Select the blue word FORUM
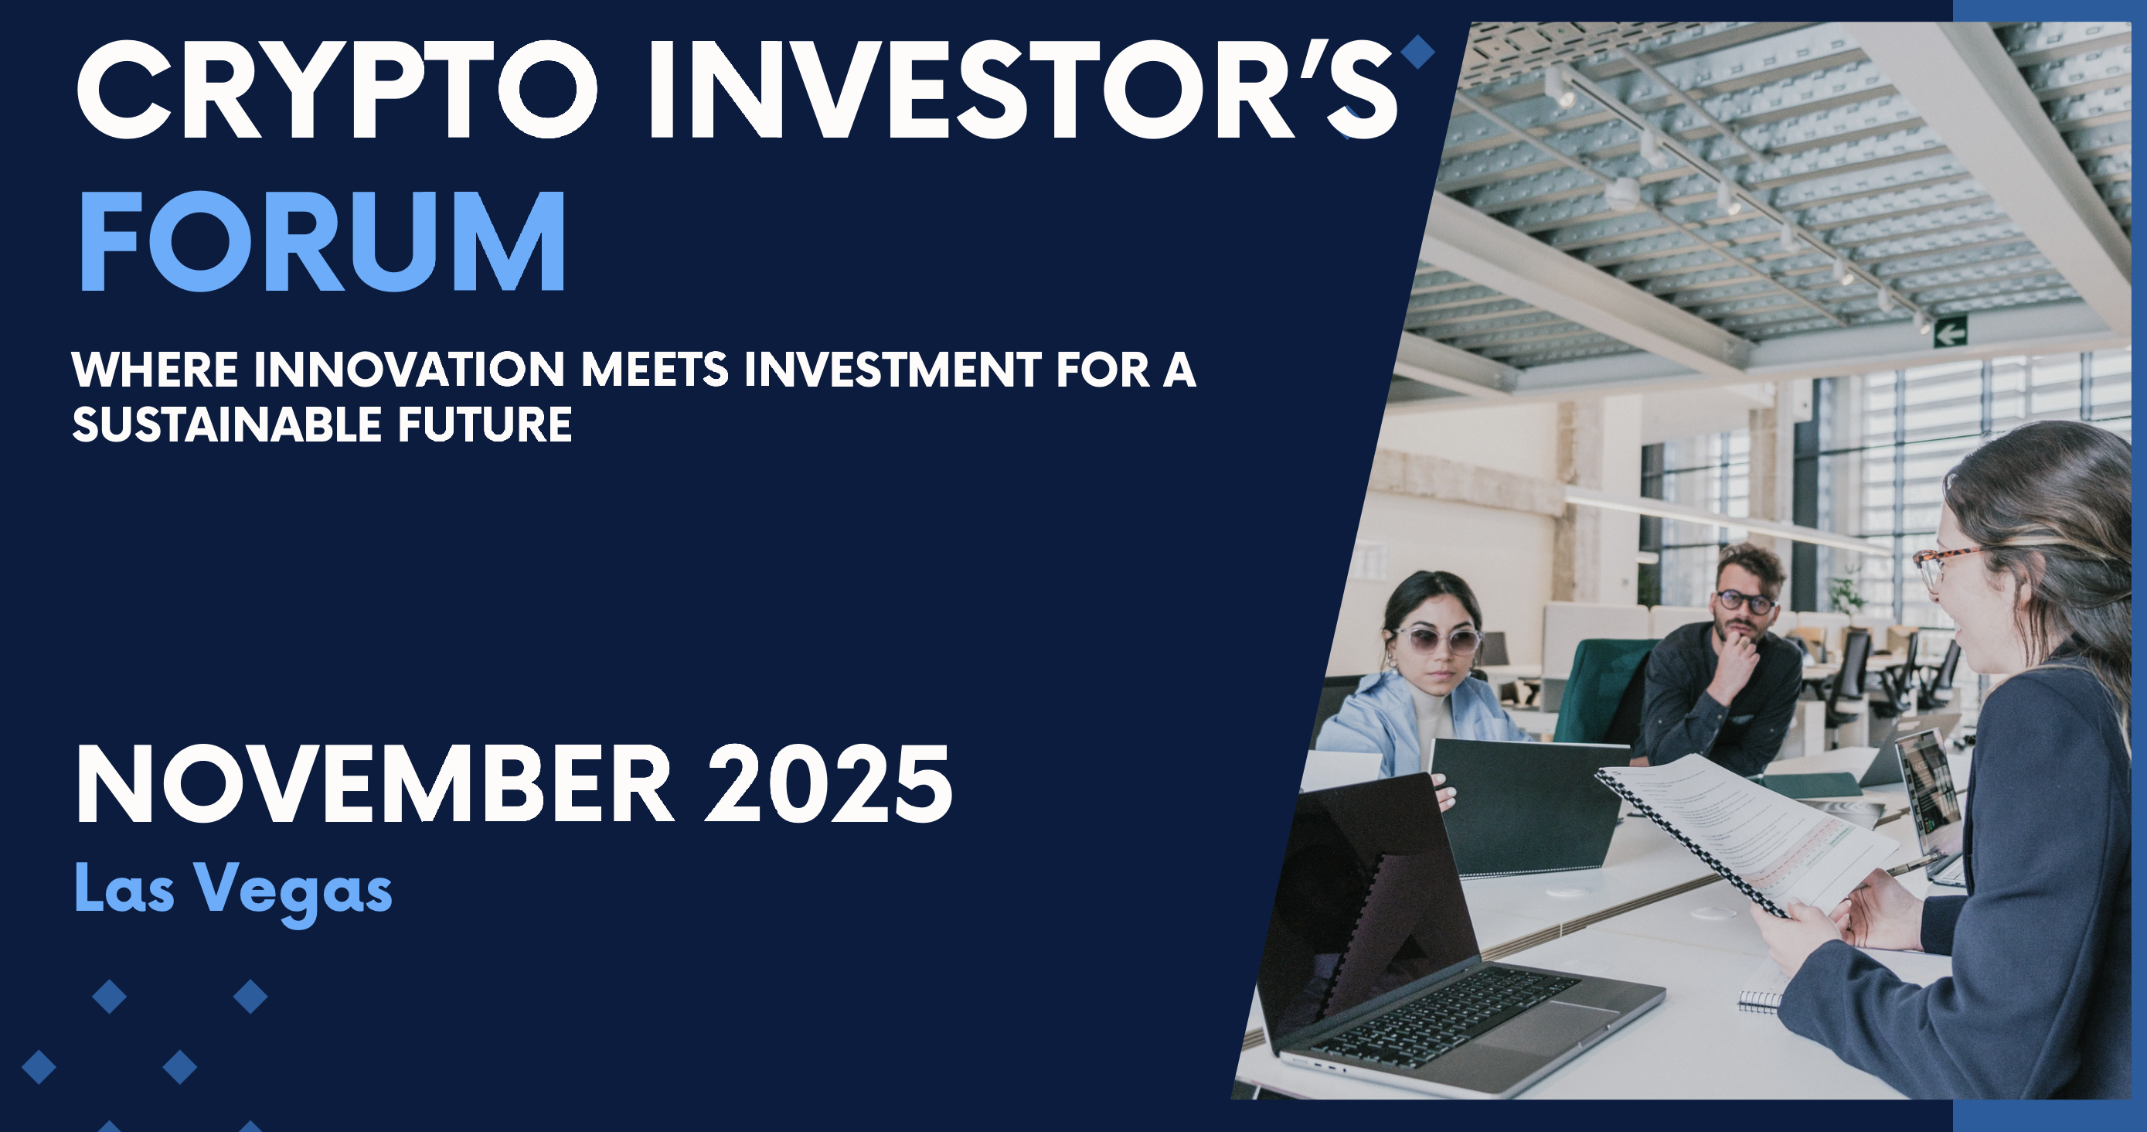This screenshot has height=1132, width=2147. tap(322, 241)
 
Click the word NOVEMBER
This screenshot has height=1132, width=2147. tap(374, 784)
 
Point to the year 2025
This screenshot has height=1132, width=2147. tap(829, 784)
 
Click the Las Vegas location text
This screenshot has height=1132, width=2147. tap(233, 890)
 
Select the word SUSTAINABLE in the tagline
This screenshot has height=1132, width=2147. tap(226, 424)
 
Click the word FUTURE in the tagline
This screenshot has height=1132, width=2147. tap(485, 424)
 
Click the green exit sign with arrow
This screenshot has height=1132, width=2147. tap(1950, 332)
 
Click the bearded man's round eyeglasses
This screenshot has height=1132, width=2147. tap(1744, 602)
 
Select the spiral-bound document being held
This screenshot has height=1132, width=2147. tap(1742, 834)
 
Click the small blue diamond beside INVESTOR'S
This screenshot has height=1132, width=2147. tap(1417, 52)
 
